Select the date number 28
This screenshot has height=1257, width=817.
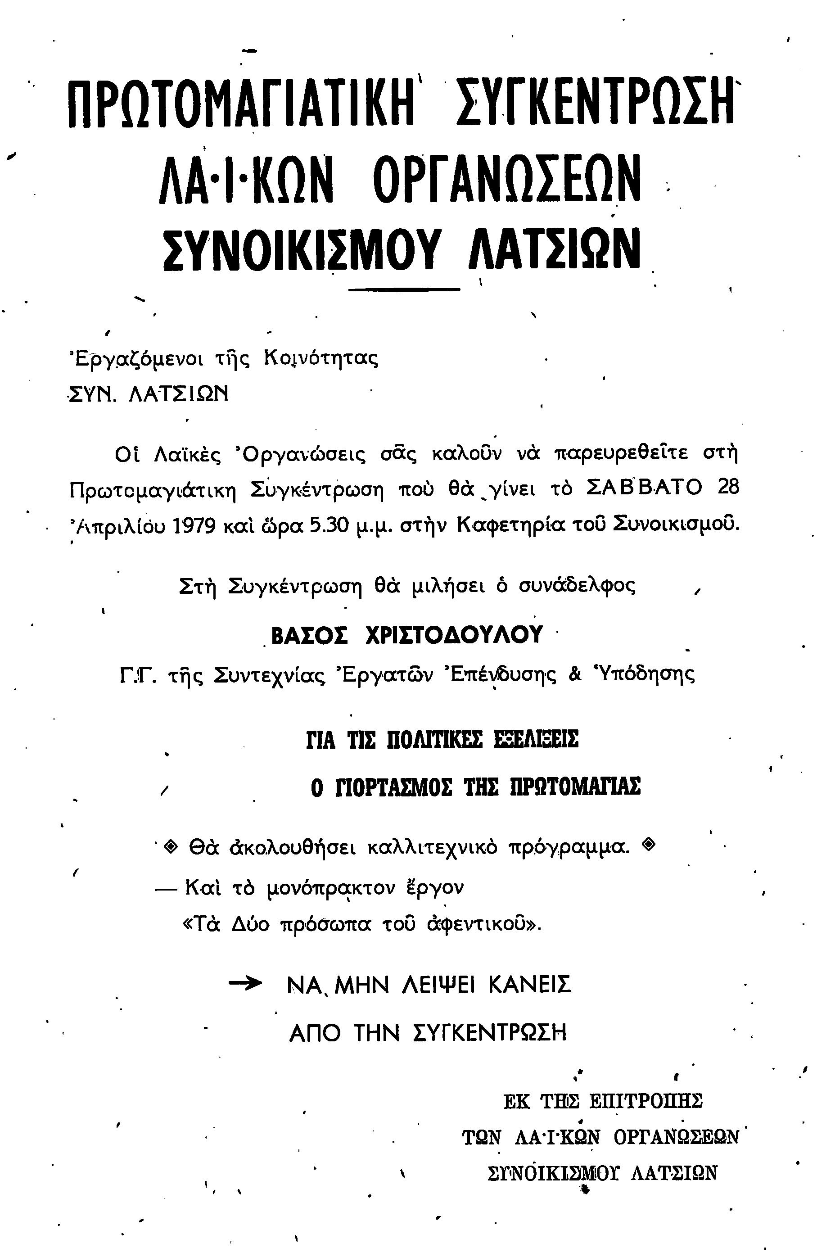[728, 488]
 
